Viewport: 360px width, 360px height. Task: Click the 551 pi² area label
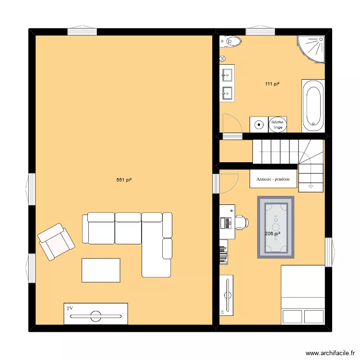click(124, 180)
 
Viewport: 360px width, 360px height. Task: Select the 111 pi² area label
click(272, 84)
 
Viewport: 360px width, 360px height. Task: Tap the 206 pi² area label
click(272, 234)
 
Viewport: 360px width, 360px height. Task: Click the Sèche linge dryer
click(278, 124)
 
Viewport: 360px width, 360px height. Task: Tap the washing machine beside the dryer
click(259, 124)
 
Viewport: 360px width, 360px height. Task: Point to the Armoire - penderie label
click(273, 180)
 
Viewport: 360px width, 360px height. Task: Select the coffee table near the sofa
click(101, 270)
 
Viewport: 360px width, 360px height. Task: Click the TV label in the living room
click(70, 308)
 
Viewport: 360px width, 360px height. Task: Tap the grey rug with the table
click(276, 227)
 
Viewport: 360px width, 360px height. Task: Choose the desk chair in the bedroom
click(241, 222)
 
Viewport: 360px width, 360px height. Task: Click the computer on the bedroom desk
click(225, 222)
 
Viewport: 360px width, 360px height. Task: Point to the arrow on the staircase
click(311, 184)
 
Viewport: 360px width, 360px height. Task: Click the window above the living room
click(82, 32)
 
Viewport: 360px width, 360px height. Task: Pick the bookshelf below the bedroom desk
click(223, 254)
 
